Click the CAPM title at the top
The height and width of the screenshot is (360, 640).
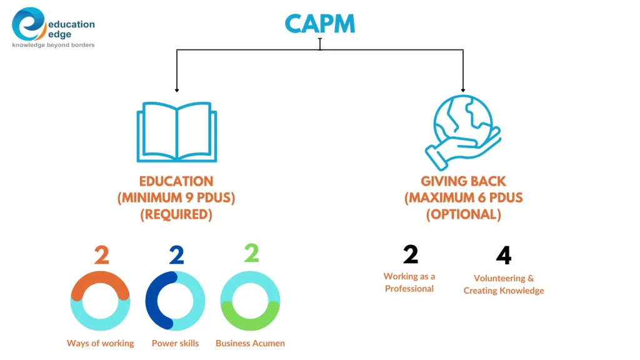(319, 23)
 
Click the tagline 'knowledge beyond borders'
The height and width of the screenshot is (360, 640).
(54, 45)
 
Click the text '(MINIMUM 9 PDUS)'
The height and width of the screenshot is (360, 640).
(176, 198)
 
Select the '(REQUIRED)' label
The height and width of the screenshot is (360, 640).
(176, 214)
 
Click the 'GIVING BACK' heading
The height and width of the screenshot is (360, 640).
(463, 181)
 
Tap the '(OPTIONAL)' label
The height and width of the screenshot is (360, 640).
(463, 214)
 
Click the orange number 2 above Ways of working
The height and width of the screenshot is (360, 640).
(101, 256)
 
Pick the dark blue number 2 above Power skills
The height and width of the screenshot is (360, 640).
(176, 256)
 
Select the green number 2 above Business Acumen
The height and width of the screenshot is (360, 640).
(251, 252)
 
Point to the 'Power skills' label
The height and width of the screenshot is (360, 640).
(175, 343)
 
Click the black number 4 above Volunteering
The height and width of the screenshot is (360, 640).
(503, 256)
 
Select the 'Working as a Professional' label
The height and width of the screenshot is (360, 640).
(409, 282)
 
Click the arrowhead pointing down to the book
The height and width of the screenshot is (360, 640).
(177, 90)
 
